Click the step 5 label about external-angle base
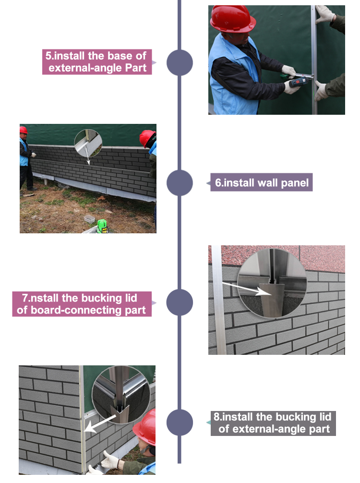point(97,62)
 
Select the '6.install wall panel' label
point(262,182)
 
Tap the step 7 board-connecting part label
point(82,304)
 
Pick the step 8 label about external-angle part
point(273,423)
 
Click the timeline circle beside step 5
point(180,62)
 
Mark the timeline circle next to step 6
point(180,182)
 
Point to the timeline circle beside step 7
point(180,302)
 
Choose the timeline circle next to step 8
point(180,423)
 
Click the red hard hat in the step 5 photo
point(232,19)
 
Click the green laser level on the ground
point(102,226)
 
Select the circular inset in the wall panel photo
point(88,143)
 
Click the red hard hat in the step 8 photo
point(145,427)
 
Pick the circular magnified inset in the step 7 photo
point(272,283)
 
